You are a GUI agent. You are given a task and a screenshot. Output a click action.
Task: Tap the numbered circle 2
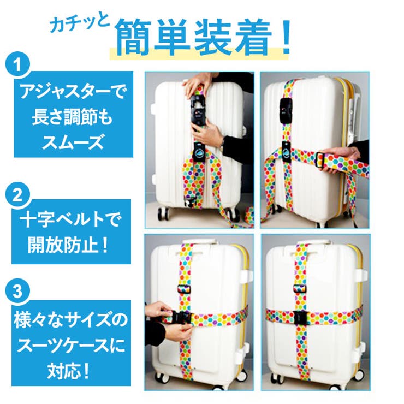tap(19, 195)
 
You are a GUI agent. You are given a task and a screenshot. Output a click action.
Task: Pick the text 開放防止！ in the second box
tap(71, 245)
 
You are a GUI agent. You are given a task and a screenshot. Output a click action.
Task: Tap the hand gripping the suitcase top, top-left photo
tap(195, 82)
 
